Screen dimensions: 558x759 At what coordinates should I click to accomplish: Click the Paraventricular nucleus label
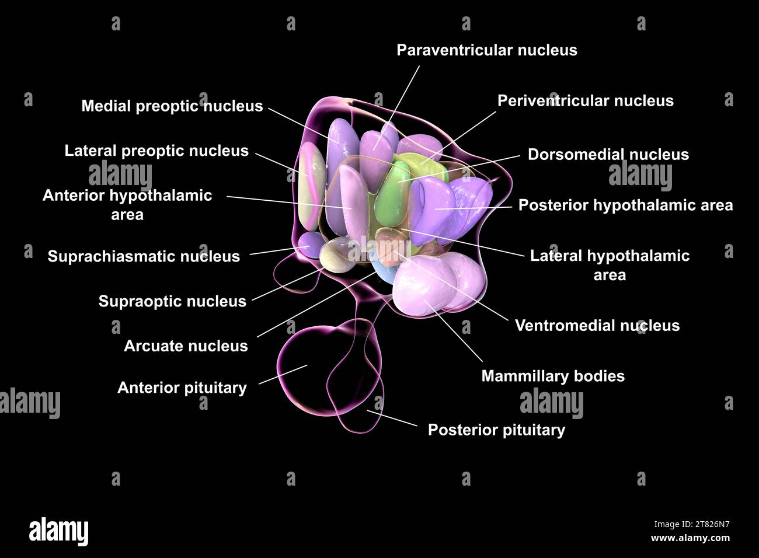pos(486,50)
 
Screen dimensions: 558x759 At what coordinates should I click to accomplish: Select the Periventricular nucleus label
pos(585,101)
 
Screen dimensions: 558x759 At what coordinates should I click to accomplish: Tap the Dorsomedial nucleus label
pos(608,155)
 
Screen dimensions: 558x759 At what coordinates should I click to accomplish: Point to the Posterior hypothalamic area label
pos(625,205)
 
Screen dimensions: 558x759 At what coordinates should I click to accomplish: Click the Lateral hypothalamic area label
pos(610,265)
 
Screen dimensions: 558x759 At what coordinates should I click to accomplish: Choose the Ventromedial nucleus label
pos(597,325)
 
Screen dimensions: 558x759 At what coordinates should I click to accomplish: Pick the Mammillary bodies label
pos(552,376)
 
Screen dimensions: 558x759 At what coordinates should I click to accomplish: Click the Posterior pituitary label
pos(496,430)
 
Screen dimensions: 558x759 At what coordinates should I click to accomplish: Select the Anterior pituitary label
pos(182,388)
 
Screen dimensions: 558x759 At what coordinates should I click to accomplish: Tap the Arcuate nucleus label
pos(186,346)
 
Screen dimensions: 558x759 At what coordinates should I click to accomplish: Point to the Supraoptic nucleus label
pos(172,301)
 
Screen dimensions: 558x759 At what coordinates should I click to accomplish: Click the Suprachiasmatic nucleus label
pos(144,256)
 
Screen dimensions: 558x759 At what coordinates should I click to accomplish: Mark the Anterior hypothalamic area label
pos(127,204)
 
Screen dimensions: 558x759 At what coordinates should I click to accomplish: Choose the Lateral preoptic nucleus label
pos(156,151)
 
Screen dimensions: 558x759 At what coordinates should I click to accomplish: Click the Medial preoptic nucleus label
pos(172,106)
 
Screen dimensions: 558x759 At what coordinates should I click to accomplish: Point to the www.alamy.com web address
pos(690,538)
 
